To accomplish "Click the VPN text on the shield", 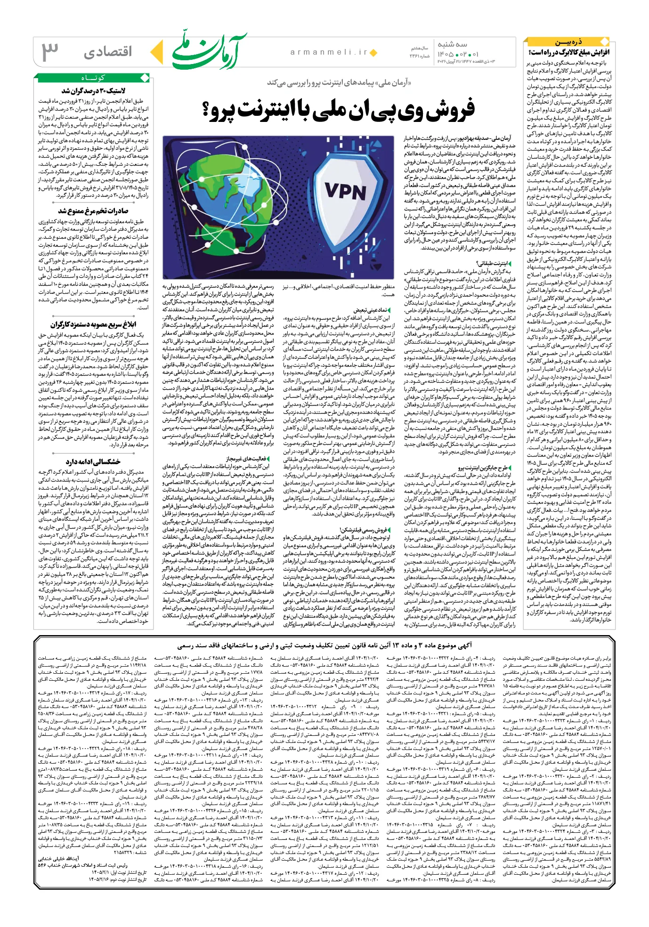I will pos(345,192).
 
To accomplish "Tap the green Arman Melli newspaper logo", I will pos(210,51).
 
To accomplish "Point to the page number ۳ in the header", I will pos(50,51).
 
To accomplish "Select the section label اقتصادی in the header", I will pos(108,51).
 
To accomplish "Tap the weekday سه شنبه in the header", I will pos(453,44).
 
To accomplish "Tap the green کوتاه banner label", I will pos(93,78).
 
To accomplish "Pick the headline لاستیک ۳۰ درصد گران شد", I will pos(93,90).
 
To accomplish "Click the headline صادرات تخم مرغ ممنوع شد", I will pos(93,211).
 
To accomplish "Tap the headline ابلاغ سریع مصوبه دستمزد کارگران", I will pos(93,325).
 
